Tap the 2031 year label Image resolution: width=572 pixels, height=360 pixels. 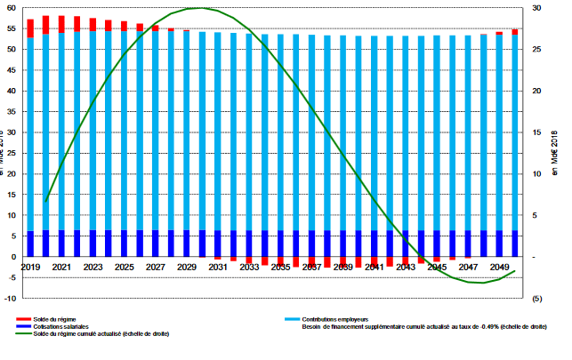point(218,267)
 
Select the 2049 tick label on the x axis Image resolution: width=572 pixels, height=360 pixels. point(499,267)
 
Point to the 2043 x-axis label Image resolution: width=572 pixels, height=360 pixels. point(406,267)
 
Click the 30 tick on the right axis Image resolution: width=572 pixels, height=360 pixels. point(537,8)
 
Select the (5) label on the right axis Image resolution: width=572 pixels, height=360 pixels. point(538,299)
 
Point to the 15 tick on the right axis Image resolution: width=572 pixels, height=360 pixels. point(537,132)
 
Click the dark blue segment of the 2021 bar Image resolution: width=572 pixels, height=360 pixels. point(61,244)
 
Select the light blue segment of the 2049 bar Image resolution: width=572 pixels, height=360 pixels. point(499,133)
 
